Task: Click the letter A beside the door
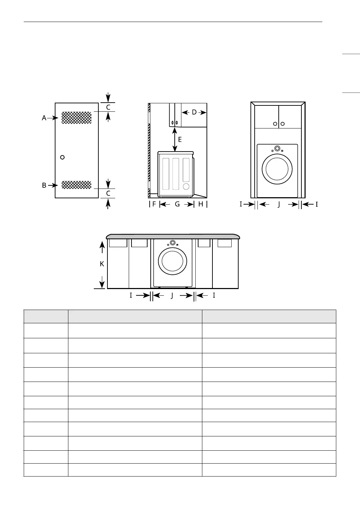(x=44, y=118)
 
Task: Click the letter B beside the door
(x=44, y=185)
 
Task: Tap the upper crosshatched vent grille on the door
(x=76, y=118)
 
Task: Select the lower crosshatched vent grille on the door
(x=76, y=185)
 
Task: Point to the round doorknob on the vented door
(x=62, y=157)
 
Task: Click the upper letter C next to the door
(x=108, y=107)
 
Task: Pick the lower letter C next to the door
(x=108, y=193)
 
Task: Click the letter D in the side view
(x=194, y=112)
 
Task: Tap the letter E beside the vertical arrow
(x=180, y=139)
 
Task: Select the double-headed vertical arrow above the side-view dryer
(x=174, y=139)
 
